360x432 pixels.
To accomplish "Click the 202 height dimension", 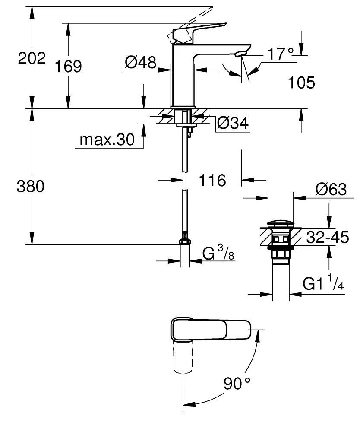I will pos(32,58).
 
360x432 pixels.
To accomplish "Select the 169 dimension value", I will pos(68,66).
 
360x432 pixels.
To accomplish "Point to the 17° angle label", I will pos(280,54).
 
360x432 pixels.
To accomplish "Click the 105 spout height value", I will pos(301,82).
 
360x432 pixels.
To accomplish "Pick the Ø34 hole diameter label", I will pos(233,124).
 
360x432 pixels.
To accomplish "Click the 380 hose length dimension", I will pos(31,187).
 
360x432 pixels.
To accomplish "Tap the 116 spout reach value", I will pos(212,180).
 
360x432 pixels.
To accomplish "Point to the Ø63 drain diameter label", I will pos(331,189).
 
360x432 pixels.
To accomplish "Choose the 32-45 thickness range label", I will pos(327,237).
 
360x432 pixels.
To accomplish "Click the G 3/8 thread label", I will pos(218,255).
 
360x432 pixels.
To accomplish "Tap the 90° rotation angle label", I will pos(237,383).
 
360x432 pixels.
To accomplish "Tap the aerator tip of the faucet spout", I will pos(240,54).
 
